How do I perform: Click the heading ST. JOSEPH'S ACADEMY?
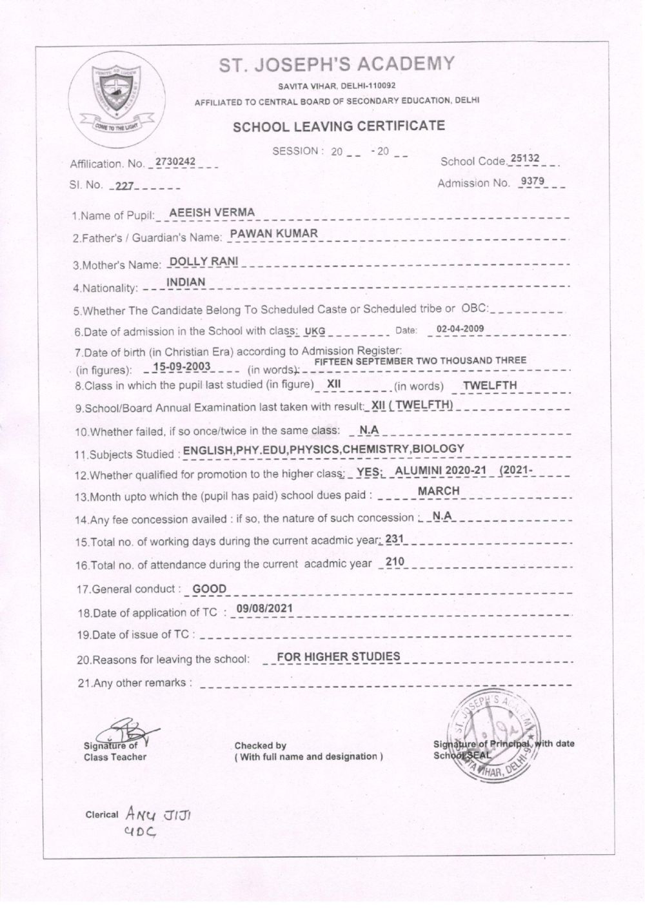click(x=337, y=64)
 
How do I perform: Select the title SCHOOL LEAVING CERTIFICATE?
click(x=339, y=126)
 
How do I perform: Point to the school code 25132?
click(x=524, y=158)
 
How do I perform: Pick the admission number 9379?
click(x=533, y=181)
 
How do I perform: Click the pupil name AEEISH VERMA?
click(x=212, y=212)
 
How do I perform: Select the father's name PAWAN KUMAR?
click(x=274, y=234)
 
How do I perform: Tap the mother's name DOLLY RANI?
click(x=203, y=261)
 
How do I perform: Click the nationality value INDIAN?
click(x=186, y=282)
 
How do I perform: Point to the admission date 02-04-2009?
click(x=460, y=329)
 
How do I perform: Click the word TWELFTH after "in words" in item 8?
click(x=490, y=386)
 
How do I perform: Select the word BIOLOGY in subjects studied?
click(x=439, y=449)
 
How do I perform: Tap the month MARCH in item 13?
click(x=439, y=491)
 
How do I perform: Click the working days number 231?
click(x=393, y=538)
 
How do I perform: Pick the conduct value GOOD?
click(x=210, y=588)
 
